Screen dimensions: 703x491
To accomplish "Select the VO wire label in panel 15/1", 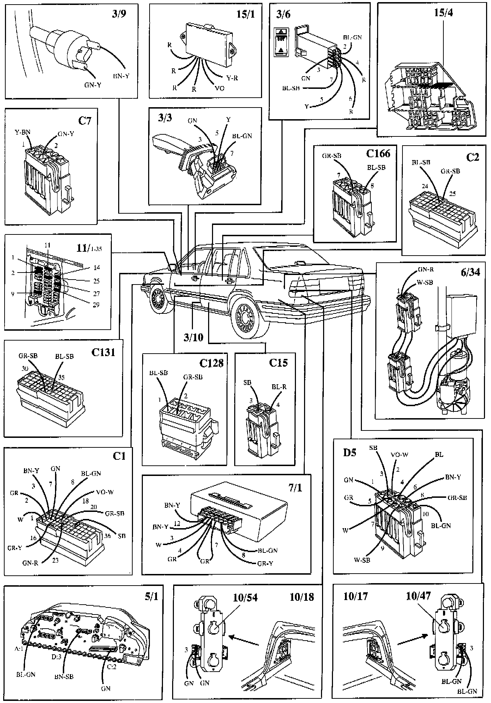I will [219, 88].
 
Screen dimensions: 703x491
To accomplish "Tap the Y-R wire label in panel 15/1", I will [231, 78].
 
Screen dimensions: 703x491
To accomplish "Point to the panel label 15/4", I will [444, 13].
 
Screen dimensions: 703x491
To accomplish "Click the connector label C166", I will [378, 154].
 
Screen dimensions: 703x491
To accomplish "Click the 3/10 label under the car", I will [193, 337].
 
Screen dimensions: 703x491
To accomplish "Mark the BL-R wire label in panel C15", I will [279, 387].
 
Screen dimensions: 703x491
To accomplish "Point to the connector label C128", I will [211, 363].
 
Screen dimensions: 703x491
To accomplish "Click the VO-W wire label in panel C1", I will [105, 492].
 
